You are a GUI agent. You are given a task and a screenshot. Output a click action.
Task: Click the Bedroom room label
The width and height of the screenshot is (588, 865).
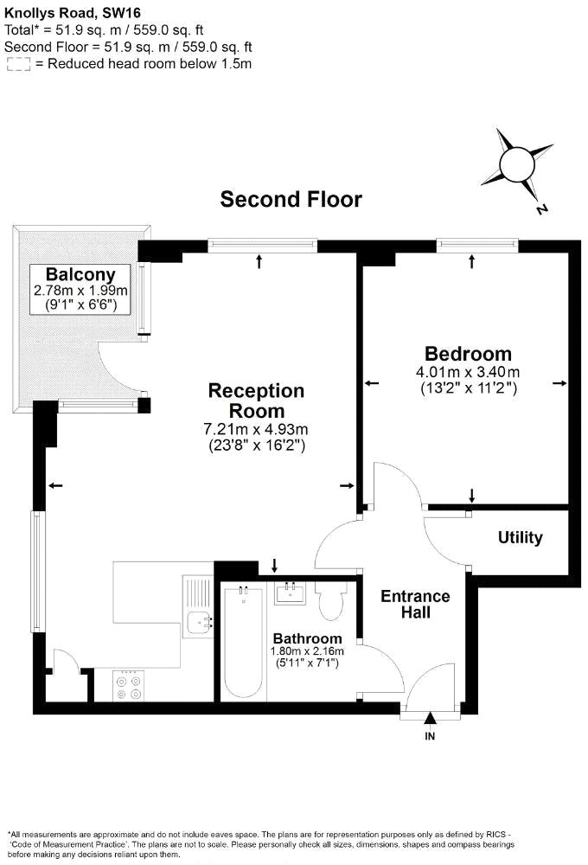tap(468, 354)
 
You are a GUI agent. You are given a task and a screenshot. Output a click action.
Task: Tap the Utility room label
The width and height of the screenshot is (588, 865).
tap(520, 537)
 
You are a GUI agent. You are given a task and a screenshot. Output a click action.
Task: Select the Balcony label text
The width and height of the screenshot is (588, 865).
tap(80, 274)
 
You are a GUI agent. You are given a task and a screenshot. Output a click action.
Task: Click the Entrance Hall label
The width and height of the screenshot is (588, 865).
tap(415, 604)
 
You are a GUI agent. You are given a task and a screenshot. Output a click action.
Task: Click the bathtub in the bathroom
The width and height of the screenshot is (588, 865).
tap(243, 643)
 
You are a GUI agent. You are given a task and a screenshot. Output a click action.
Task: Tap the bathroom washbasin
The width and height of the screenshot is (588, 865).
tap(290, 593)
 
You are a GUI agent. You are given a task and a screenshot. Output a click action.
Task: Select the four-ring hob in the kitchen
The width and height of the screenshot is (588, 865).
tap(129, 686)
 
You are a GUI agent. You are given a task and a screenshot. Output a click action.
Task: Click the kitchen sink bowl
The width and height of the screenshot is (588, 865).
tap(199, 623)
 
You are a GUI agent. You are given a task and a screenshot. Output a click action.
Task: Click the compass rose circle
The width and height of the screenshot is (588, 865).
tap(517, 164)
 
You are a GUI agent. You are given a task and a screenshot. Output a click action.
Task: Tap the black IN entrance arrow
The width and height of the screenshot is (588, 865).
tap(431, 718)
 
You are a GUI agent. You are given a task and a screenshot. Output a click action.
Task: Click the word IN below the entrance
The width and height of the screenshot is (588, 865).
tap(430, 736)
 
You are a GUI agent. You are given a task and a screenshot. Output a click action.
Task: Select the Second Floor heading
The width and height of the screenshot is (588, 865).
tap(291, 199)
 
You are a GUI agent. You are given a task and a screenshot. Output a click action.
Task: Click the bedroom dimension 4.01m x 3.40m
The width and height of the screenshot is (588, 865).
tap(468, 372)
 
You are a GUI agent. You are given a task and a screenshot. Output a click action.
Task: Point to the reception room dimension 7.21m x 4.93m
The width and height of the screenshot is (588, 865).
tap(256, 429)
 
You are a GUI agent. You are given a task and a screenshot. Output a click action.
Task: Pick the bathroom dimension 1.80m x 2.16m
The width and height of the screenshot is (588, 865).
tap(307, 651)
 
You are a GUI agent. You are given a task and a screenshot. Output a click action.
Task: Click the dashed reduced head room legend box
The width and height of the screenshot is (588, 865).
tap(18, 64)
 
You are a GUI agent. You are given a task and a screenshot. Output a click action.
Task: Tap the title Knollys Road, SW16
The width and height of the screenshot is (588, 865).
tap(73, 13)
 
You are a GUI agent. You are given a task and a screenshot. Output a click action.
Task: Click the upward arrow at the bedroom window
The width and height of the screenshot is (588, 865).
tap(471, 261)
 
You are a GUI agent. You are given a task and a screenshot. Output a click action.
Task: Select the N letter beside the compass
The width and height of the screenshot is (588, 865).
tap(541, 209)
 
